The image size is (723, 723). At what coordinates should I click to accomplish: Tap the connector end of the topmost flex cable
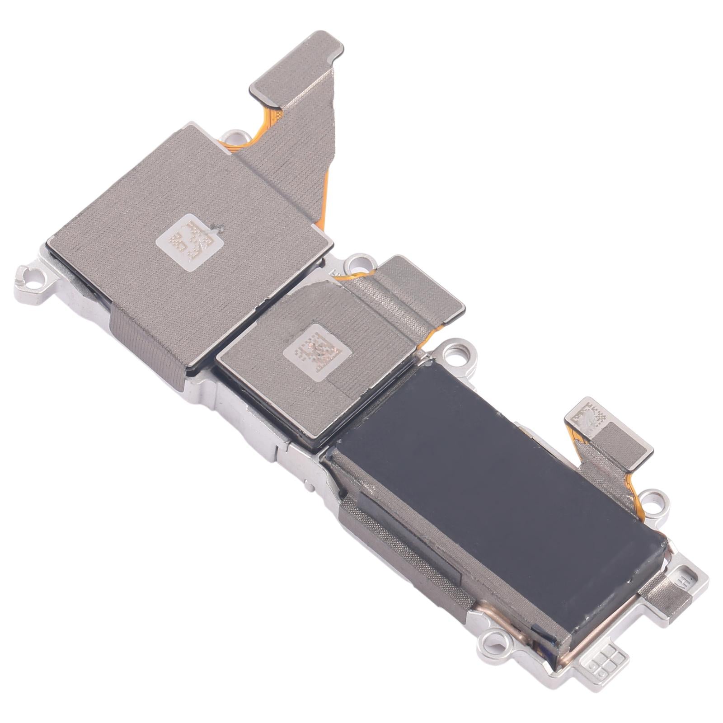tap(298, 63)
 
